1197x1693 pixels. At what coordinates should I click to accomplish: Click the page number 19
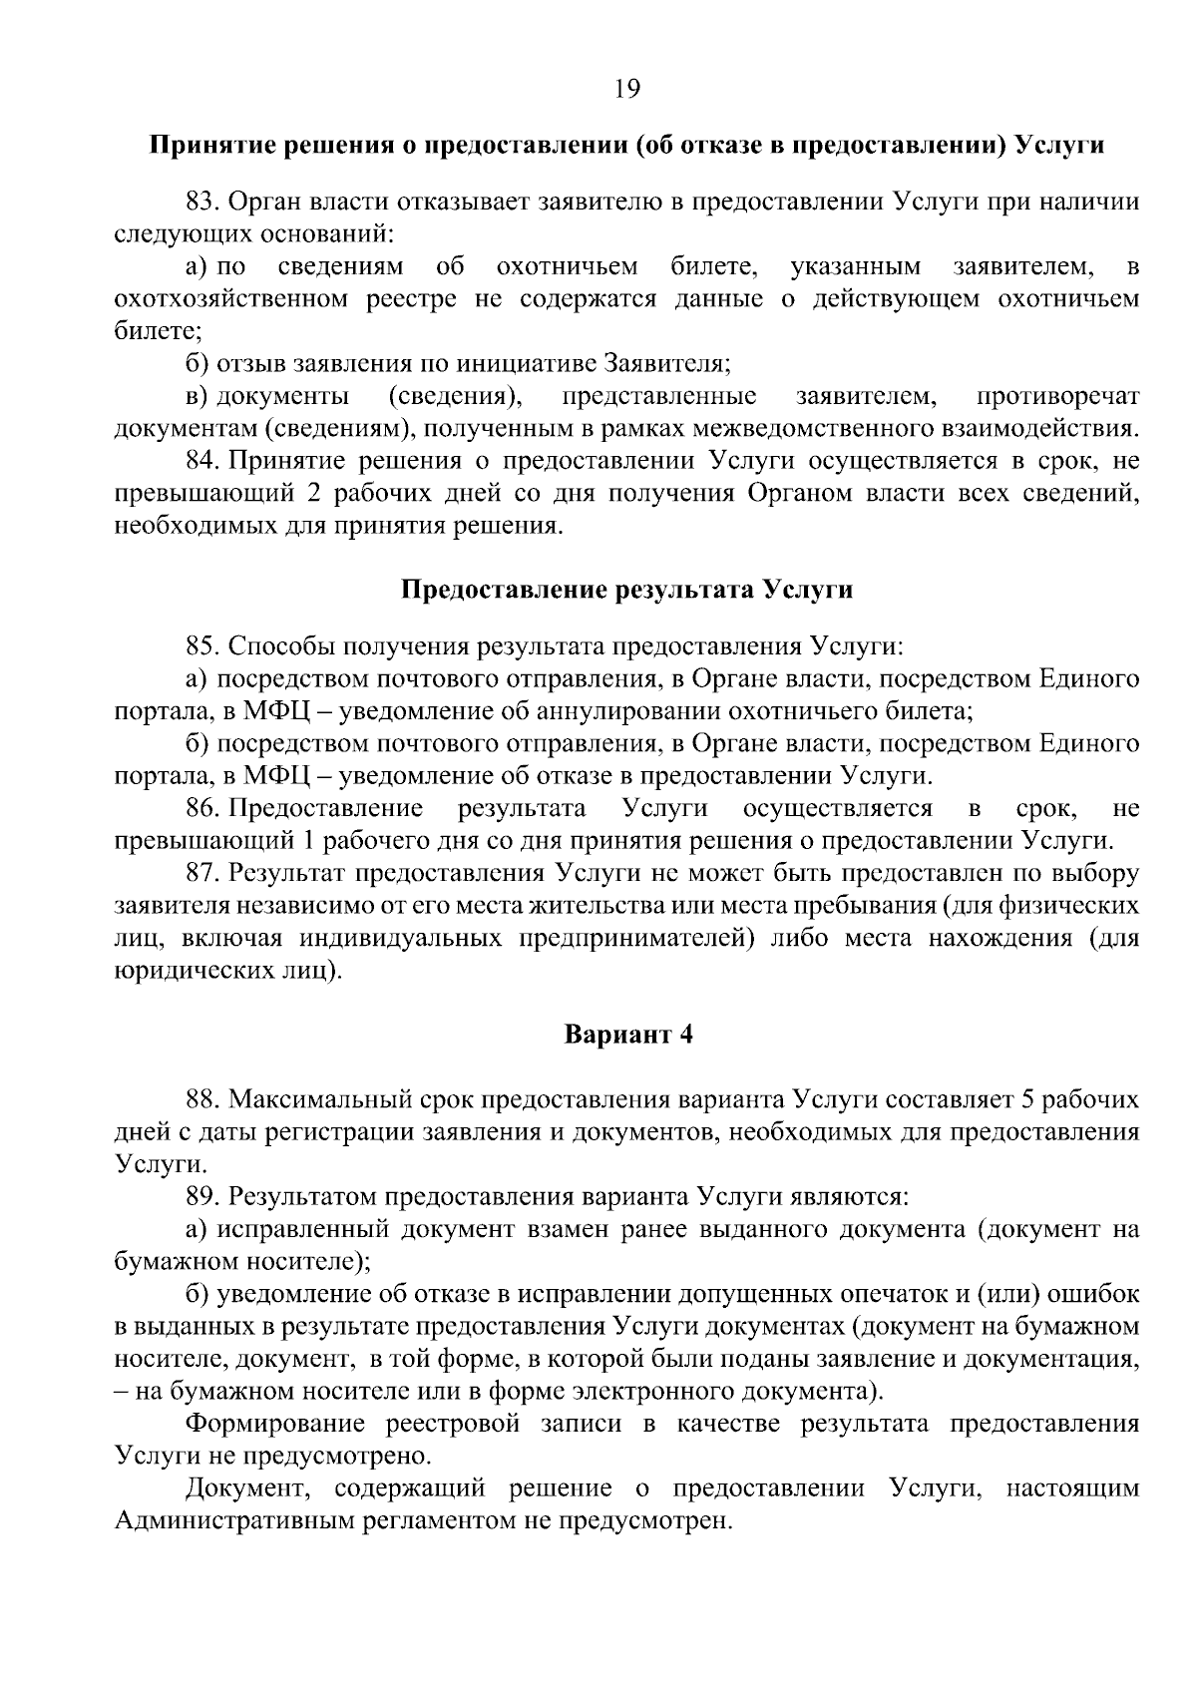[626, 89]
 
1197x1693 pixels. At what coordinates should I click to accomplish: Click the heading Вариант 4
[628, 1035]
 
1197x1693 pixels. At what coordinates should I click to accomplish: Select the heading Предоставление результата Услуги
[626, 589]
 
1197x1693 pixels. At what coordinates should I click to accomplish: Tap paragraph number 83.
[202, 203]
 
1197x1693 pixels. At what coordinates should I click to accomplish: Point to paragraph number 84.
[202, 461]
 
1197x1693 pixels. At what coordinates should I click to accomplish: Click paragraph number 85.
[202, 646]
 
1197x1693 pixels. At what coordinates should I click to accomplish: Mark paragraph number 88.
[202, 1099]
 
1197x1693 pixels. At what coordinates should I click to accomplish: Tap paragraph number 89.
[202, 1196]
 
